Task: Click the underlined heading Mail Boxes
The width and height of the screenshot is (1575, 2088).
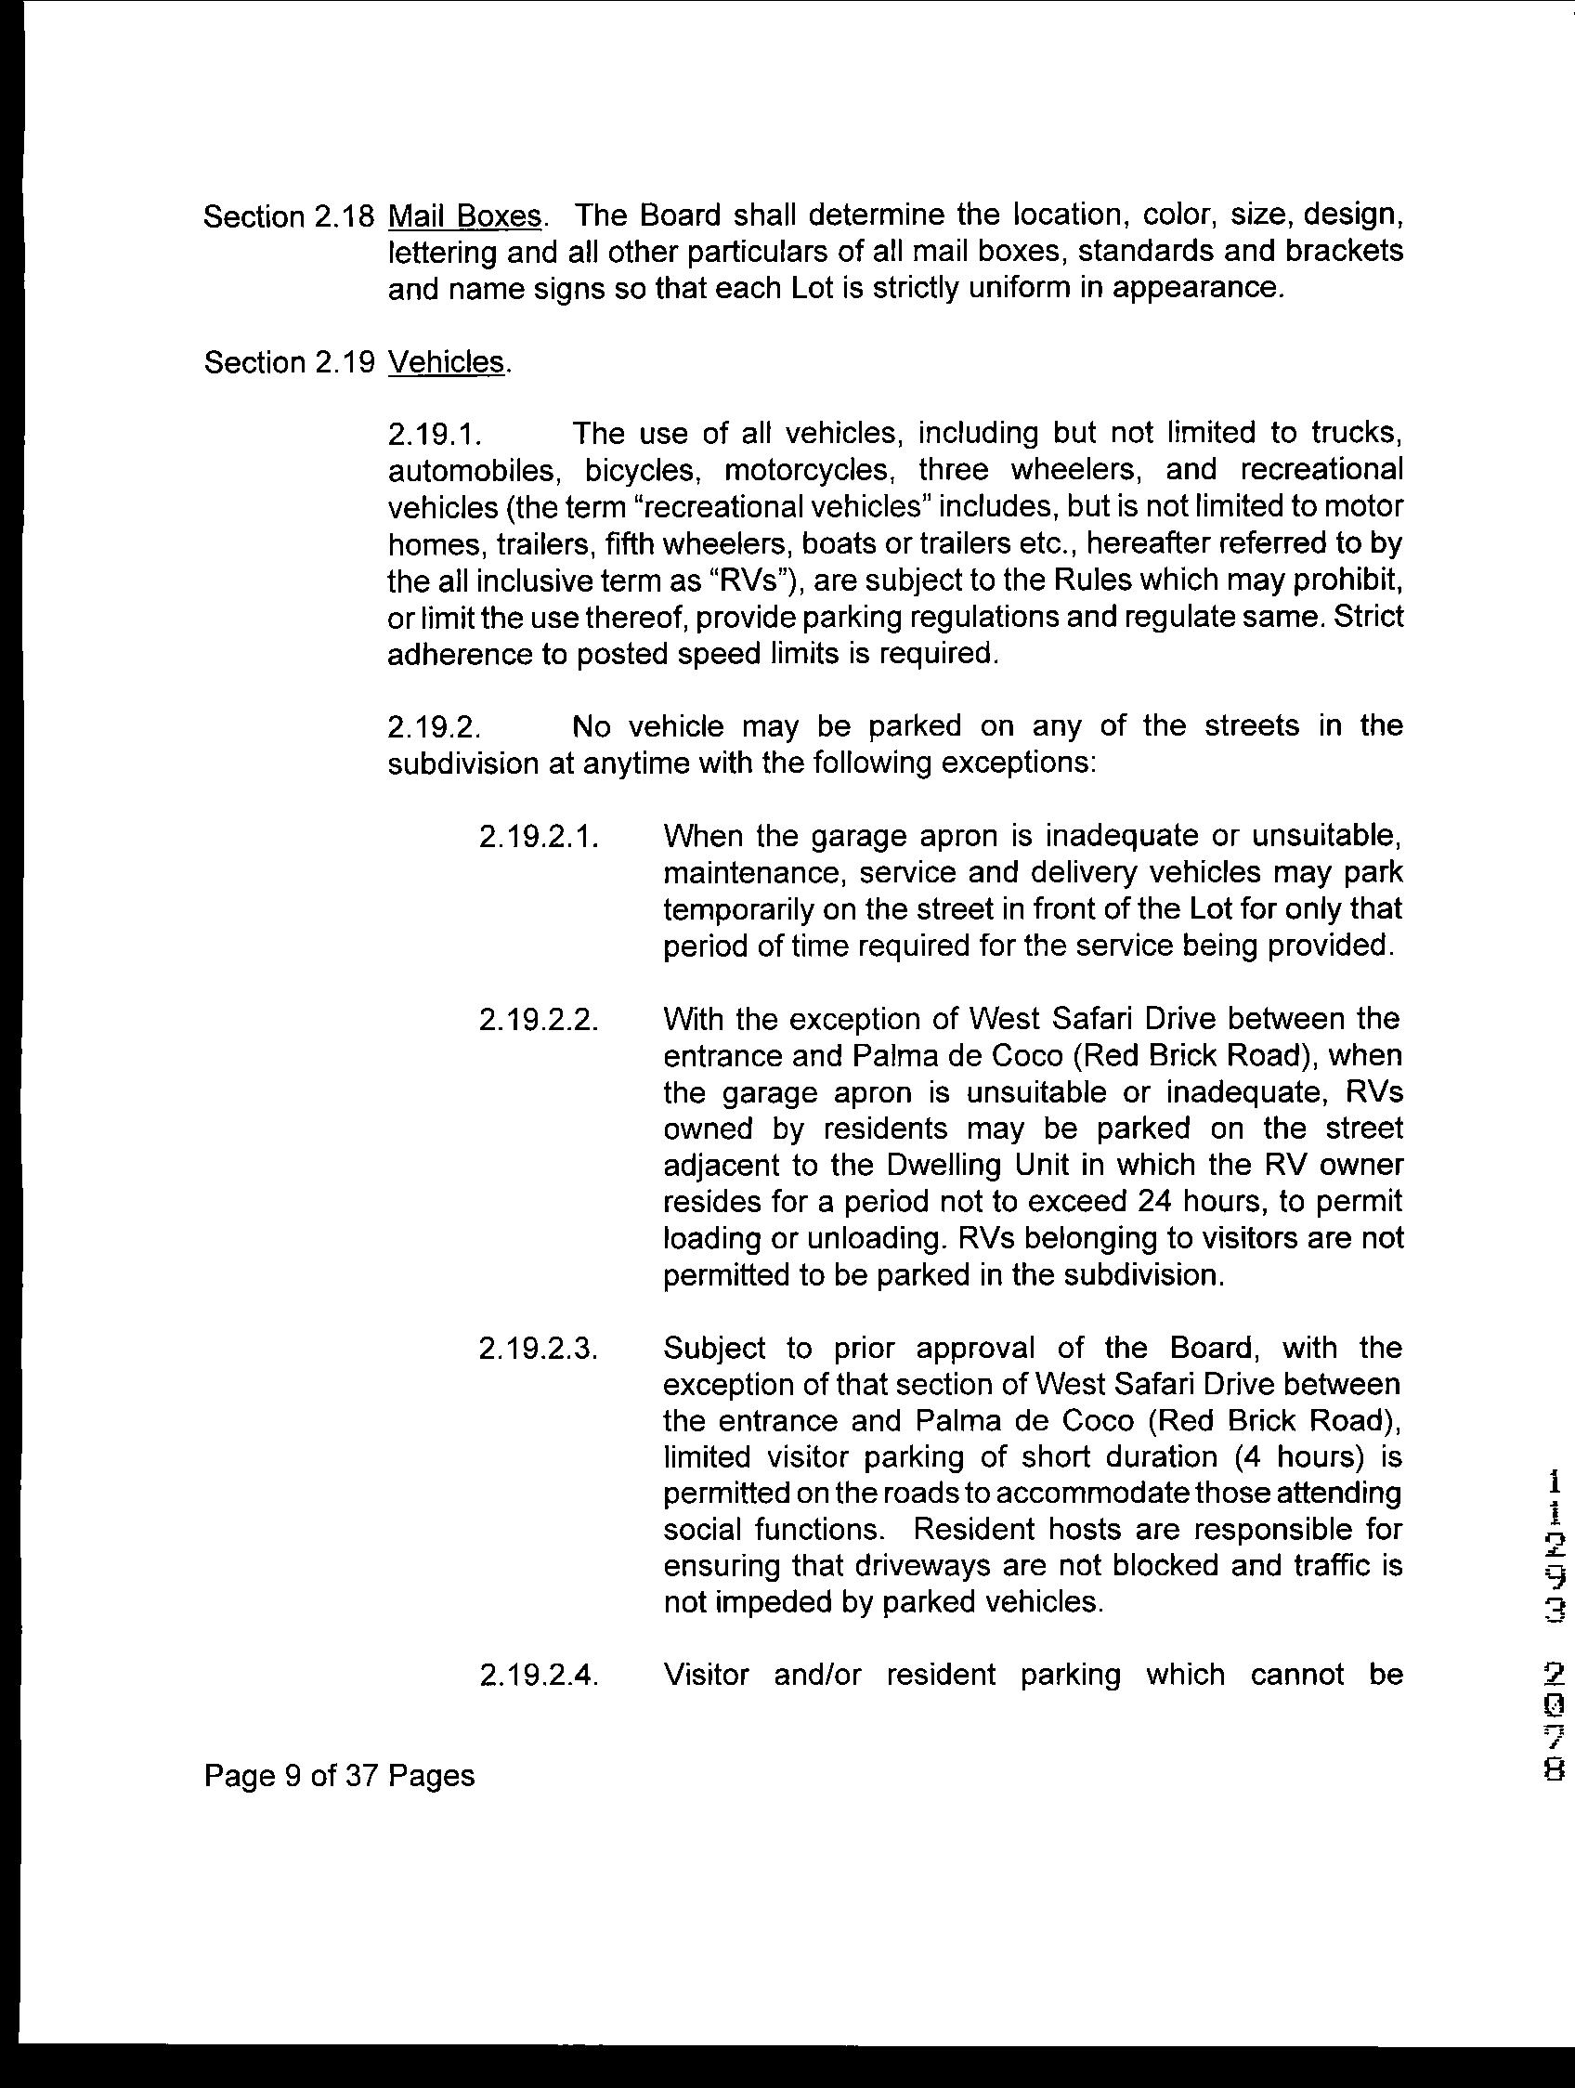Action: [x=465, y=216]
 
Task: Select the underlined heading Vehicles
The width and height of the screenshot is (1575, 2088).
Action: [x=447, y=362]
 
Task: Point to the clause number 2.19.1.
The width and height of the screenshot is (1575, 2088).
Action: [x=435, y=434]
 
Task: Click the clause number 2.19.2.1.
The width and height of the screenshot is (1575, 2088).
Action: [x=539, y=836]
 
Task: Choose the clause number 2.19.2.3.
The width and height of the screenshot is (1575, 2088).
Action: [x=539, y=1349]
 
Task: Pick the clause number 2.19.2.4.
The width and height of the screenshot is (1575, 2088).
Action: [x=539, y=1676]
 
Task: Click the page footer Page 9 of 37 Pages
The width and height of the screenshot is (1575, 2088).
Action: [x=339, y=1777]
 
